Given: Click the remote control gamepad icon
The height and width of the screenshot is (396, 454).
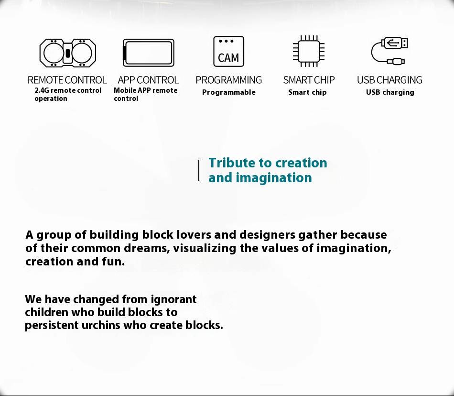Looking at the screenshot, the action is coord(67,53).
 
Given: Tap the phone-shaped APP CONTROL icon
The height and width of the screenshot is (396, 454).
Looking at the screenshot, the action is coord(149,53).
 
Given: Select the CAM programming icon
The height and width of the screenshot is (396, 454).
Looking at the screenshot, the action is coord(229,52).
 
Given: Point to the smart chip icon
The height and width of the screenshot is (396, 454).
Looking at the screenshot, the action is coord(309,51).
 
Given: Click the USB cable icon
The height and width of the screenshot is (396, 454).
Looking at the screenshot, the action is coord(389,51).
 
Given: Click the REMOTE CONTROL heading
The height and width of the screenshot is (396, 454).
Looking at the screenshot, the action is coord(67,80).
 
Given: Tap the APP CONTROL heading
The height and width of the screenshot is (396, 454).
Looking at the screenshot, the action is coord(148,80).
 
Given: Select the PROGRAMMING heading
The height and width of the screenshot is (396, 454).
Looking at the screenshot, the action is coord(229,80).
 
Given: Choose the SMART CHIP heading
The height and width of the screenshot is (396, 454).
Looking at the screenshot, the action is coord(309,80).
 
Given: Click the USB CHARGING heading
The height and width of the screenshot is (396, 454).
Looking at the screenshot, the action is coord(389,80).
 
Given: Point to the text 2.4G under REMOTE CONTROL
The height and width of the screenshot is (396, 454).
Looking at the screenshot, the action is coord(42,90).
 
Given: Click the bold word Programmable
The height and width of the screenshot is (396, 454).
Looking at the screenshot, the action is coord(229,92).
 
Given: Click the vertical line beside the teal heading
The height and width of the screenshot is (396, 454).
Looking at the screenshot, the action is coord(199,170).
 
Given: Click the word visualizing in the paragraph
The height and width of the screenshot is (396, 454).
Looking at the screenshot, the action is coord(205,248).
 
